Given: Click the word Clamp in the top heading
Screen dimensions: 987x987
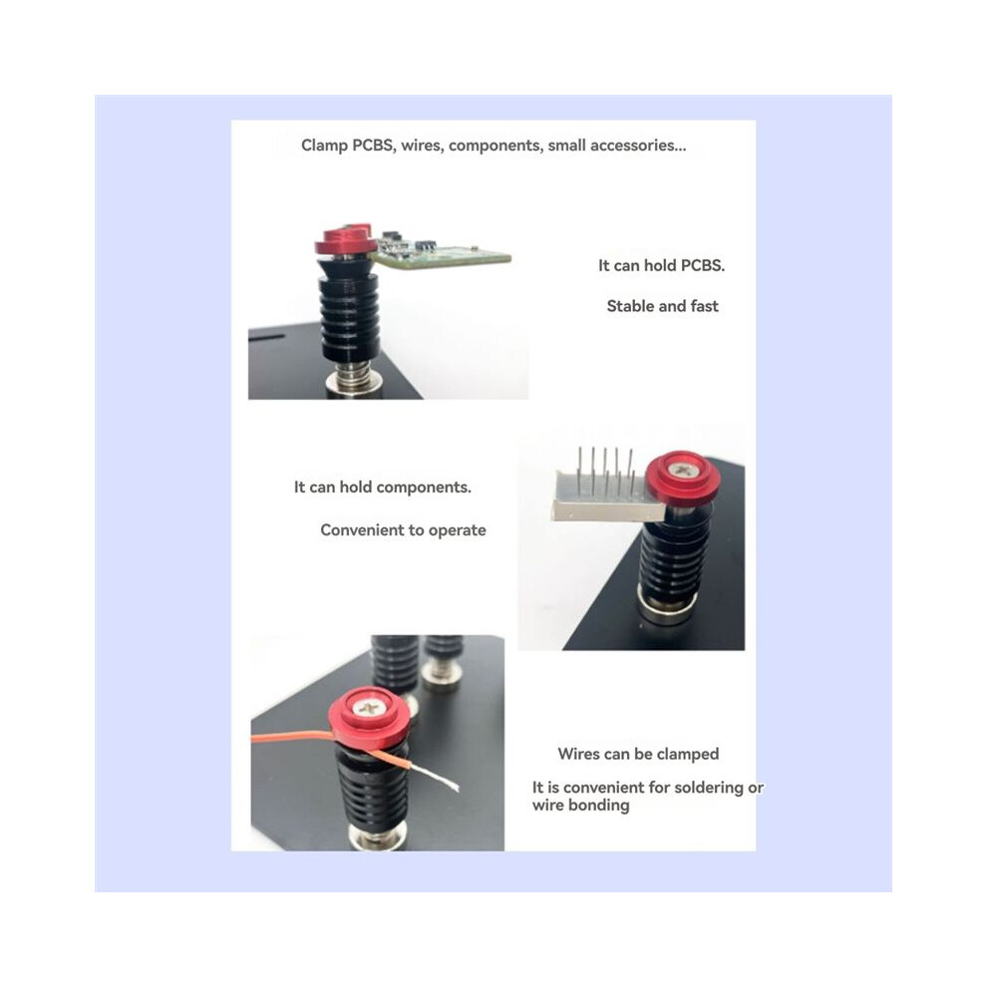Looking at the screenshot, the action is tap(324, 146).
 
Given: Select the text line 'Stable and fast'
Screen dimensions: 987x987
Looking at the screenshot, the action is tap(662, 306).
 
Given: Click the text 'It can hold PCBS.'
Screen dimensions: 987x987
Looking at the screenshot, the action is tap(661, 265).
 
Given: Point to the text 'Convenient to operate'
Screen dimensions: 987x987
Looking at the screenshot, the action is tap(403, 530).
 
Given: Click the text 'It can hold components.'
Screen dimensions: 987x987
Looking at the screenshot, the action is tap(382, 488).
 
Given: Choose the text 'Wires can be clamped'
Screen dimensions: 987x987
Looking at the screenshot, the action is tap(638, 754).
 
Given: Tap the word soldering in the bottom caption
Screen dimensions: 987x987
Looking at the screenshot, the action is tap(703, 788).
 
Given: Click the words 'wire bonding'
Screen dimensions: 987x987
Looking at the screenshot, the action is tap(580, 806).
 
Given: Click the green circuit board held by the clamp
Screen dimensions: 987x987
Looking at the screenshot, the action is tap(441, 252).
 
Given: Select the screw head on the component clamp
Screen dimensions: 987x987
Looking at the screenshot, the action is tap(679, 470).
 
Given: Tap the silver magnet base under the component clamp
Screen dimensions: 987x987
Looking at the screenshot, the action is tap(668, 606).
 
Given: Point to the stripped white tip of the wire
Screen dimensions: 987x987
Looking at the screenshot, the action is tap(436, 776).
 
